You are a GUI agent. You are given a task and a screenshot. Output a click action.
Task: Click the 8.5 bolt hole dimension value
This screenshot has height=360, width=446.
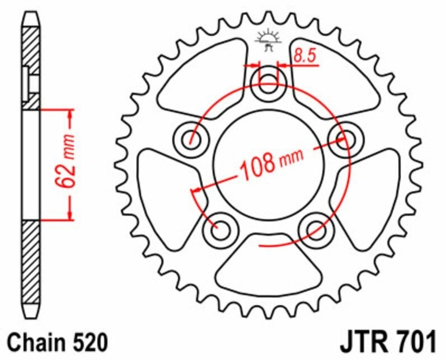(x=304, y=56)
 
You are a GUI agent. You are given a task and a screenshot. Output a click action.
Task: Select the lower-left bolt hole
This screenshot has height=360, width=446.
(x=220, y=228)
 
